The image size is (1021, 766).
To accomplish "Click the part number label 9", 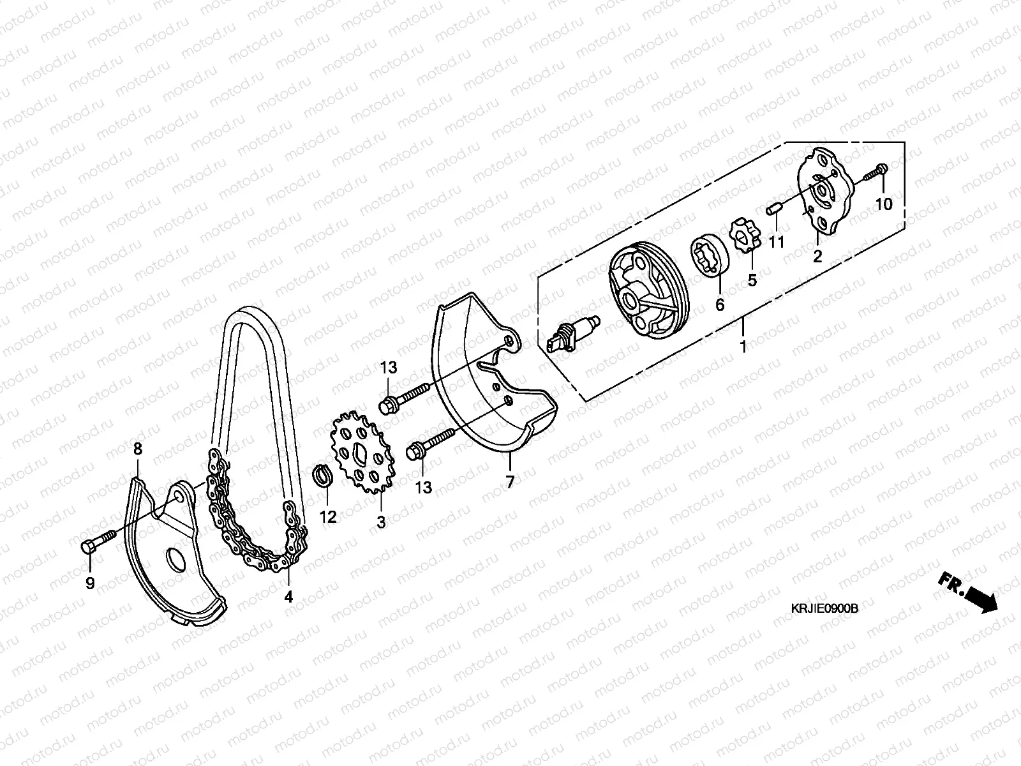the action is tap(90, 583).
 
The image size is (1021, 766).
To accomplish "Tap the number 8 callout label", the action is tap(137, 449).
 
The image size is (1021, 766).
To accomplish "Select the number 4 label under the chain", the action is tap(288, 597).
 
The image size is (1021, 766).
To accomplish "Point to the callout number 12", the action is tap(327, 517).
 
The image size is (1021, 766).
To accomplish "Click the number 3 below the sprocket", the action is tap(381, 522).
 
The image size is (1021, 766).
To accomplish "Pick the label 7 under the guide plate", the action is tap(509, 483).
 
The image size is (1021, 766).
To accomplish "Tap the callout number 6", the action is tap(720, 304).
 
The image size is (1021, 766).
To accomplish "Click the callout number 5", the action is tap(752, 279).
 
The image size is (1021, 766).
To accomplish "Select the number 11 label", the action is tap(776, 243).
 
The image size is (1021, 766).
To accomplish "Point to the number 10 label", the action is tap(884, 204).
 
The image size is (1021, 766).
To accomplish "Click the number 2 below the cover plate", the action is tap(817, 257).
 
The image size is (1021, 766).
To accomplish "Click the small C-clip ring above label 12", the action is tap(325, 476).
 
